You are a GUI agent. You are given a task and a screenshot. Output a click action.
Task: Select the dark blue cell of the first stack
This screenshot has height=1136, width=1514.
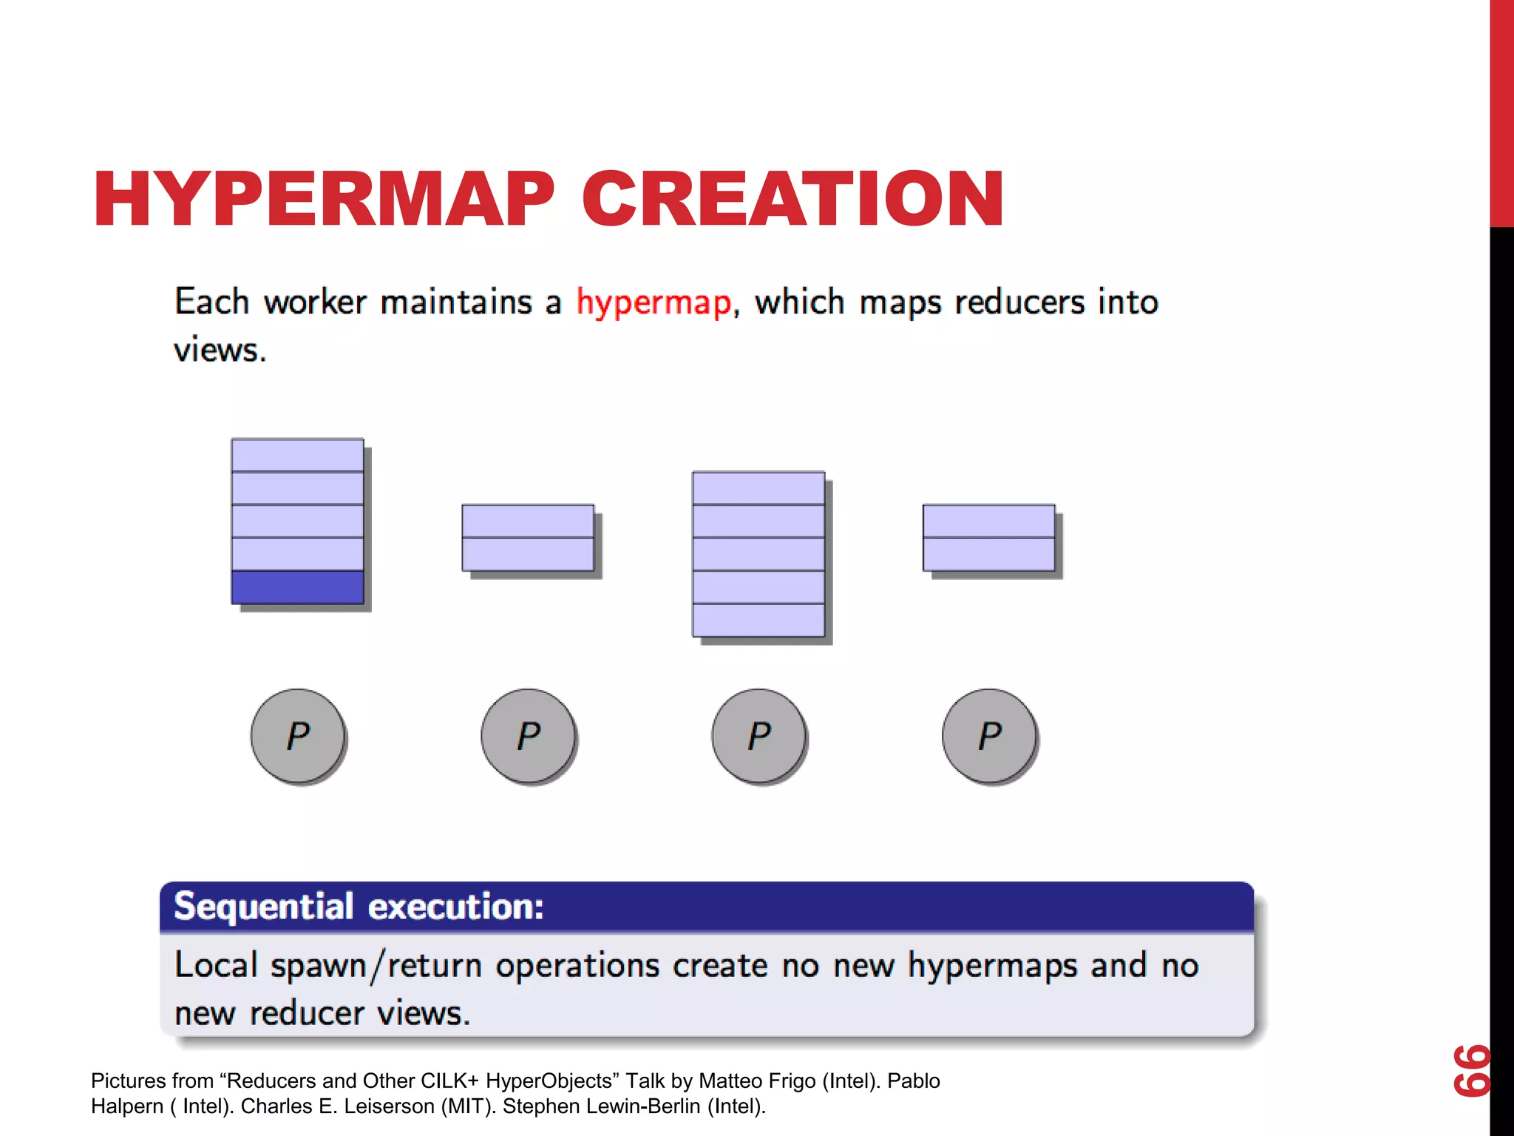[297, 587]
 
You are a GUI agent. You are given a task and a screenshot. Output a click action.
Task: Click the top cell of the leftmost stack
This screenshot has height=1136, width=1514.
[297, 456]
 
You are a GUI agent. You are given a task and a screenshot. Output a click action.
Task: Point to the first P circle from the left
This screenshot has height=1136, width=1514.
[298, 736]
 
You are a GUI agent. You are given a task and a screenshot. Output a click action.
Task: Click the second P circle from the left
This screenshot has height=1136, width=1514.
[529, 736]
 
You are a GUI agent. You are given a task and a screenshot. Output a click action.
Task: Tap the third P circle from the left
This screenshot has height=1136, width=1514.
[759, 736]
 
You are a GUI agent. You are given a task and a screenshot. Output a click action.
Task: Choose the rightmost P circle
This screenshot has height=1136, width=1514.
[990, 736]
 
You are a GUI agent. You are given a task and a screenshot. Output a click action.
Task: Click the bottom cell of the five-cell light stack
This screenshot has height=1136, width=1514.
[758, 621]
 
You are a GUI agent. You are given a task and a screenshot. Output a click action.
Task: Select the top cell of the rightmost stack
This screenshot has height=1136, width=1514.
[989, 521]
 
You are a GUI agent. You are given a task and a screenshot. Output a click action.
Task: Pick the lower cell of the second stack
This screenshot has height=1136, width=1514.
[528, 555]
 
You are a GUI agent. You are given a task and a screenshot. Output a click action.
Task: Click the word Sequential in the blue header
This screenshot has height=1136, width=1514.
[264, 907]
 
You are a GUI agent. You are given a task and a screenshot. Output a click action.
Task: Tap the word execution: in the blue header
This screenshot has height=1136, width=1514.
[456, 907]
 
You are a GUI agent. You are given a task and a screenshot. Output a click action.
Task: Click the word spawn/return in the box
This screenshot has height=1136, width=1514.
[376, 967]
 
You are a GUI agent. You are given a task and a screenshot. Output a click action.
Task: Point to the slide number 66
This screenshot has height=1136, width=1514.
[1471, 1070]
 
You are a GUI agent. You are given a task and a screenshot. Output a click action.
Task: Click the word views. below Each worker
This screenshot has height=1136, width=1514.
[220, 351]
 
